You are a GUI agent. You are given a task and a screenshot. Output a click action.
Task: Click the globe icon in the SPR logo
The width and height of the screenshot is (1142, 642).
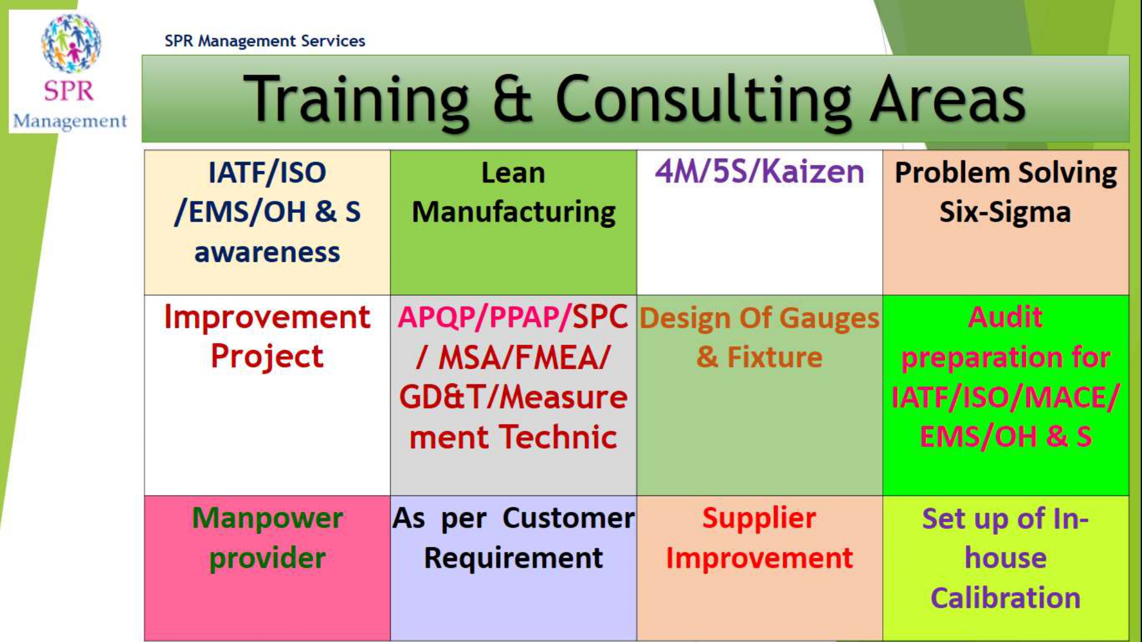click(71, 43)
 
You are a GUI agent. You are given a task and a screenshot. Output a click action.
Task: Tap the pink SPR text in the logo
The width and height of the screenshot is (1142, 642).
click(69, 91)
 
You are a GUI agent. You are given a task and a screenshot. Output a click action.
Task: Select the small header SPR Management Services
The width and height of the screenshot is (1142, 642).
click(265, 41)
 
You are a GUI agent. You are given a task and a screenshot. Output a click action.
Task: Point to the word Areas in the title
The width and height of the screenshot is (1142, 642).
click(947, 100)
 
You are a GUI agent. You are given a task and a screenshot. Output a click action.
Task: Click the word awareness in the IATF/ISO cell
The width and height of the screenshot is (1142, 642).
click(267, 252)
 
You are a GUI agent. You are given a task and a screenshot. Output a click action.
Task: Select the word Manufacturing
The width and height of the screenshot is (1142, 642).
click(514, 212)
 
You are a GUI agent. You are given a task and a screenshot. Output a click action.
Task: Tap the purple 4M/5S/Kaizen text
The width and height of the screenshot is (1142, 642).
click(759, 171)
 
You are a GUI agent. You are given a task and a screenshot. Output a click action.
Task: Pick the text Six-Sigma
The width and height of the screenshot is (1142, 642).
click(1006, 212)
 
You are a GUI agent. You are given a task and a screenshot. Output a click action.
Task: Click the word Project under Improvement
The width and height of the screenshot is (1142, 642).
click(267, 357)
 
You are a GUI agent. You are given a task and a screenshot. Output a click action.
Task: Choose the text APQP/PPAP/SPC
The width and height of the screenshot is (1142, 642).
click(513, 317)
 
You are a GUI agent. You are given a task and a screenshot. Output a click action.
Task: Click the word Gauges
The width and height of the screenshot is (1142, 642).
click(829, 318)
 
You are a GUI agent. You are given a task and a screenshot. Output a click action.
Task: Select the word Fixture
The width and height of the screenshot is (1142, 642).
click(775, 357)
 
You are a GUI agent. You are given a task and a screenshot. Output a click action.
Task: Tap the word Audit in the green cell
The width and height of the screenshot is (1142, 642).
click(1006, 317)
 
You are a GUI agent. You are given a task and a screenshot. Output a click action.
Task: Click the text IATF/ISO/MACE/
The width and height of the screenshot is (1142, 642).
click(1006, 397)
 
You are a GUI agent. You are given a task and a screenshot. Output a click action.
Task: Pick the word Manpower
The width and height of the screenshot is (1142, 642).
click(267, 518)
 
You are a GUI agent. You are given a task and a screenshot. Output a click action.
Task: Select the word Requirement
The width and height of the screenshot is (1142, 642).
click(513, 558)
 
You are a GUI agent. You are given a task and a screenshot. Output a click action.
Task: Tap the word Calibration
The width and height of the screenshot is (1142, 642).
click(1006, 598)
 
